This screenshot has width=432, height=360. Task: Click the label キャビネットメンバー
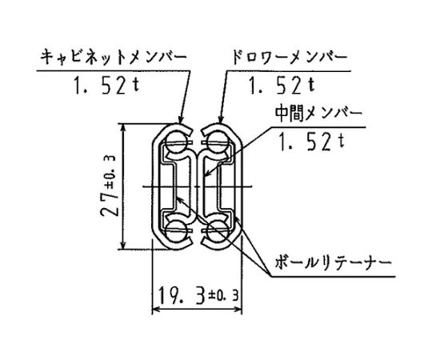[114, 58]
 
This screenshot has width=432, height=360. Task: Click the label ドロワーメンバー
[290, 58]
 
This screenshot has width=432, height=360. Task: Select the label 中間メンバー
[318, 114]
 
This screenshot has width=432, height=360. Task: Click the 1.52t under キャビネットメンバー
[106, 86]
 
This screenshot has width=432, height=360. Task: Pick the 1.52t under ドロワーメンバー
[282, 86]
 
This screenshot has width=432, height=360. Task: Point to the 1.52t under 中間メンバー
[311, 142]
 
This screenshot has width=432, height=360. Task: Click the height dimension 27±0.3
[108, 186]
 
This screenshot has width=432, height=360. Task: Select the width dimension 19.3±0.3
[198, 295]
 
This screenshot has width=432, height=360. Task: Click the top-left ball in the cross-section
[176, 142]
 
